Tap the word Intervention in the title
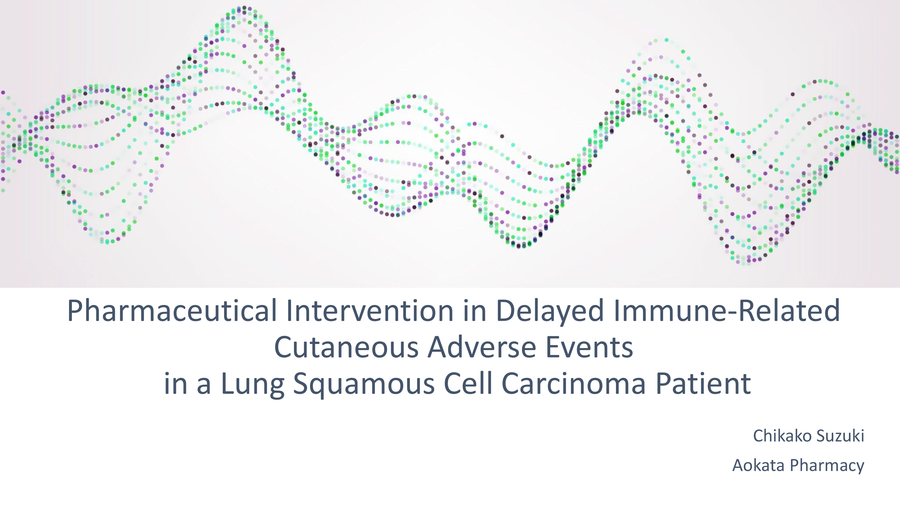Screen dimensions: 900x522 coord(370,311)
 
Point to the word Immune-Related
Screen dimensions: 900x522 coord(727,311)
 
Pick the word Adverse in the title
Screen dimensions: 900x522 coord(482,347)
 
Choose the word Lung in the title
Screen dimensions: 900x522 coord(253,385)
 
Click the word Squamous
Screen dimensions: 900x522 coord(364,385)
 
